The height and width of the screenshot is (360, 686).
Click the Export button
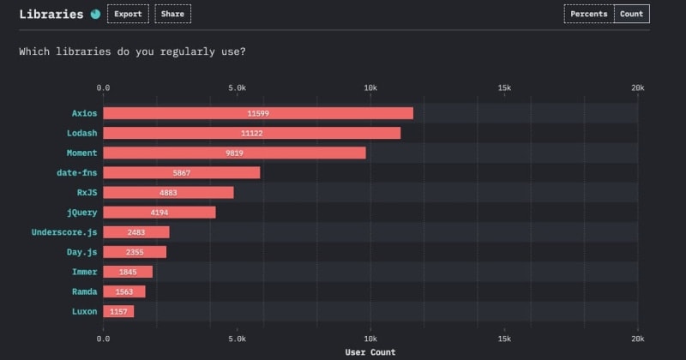tap(128, 14)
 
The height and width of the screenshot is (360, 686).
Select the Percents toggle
tap(588, 14)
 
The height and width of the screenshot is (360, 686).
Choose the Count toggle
tap(631, 14)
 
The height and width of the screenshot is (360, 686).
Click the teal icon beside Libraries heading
tap(95, 14)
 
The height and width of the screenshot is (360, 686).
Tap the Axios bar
tap(258, 113)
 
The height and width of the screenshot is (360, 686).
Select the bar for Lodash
tap(252, 133)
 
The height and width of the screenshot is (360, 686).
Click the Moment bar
tap(234, 153)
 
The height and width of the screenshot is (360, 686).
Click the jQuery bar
tap(159, 212)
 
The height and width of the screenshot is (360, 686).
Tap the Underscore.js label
tap(64, 232)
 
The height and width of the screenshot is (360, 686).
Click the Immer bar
tap(128, 272)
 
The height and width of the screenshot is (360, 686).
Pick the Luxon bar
tap(118, 311)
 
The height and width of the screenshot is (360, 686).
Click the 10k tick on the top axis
tap(370, 87)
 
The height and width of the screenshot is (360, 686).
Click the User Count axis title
tap(370, 352)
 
